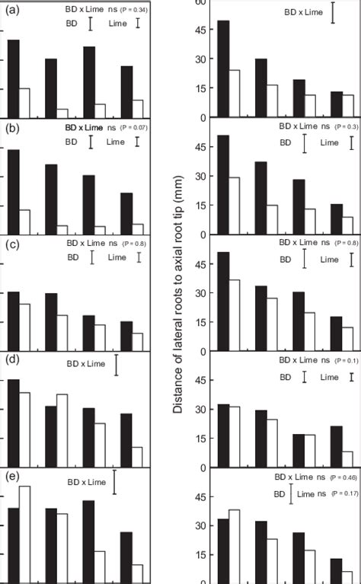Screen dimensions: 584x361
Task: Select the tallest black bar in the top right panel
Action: tap(223, 69)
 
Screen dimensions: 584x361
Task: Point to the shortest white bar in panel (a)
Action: tap(62, 113)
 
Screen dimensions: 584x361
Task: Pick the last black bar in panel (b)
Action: tap(126, 213)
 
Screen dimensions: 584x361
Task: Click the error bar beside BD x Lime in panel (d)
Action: tap(117, 365)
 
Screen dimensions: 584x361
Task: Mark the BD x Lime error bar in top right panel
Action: tap(333, 13)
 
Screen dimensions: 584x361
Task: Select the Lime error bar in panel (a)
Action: tap(137, 24)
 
